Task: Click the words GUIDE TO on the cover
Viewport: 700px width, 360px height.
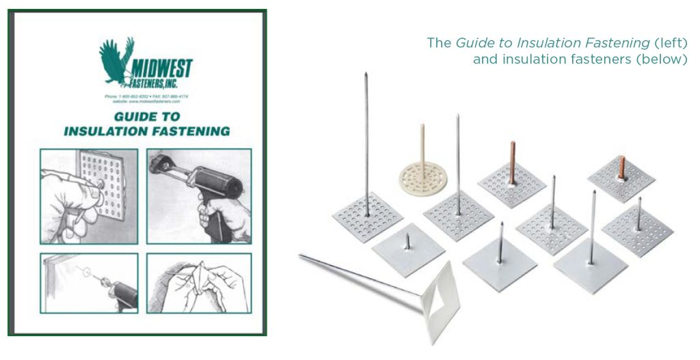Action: coord(146,116)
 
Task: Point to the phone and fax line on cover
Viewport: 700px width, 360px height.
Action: coord(146,97)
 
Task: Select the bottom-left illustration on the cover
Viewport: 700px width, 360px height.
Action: coord(89,283)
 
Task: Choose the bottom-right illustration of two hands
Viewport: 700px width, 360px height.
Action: coord(199,283)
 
